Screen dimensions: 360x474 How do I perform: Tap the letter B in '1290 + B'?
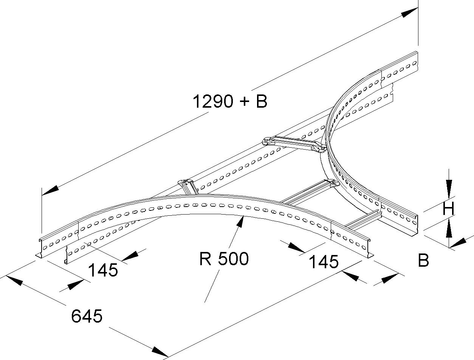(261, 102)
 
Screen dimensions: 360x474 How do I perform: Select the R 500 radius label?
(224, 259)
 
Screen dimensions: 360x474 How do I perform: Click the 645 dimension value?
(87, 316)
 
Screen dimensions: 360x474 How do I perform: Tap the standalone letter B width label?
(423, 260)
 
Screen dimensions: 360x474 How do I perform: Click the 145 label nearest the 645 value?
(103, 270)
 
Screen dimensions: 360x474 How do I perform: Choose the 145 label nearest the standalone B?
(324, 261)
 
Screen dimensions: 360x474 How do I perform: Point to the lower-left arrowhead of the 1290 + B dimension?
(51, 190)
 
